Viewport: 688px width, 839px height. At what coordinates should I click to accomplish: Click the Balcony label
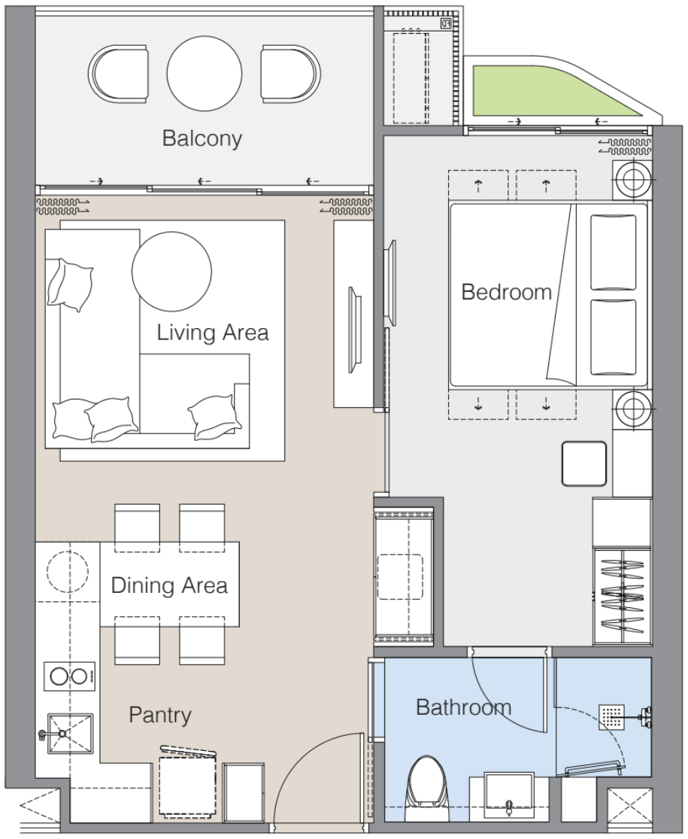(x=202, y=138)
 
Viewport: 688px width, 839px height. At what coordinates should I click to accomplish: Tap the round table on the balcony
(x=205, y=73)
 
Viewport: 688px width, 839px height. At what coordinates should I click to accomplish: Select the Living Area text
(x=212, y=333)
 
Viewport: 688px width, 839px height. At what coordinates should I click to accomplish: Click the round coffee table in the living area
(x=171, y=272)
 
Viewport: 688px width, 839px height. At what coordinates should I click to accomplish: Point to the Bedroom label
(x=506, y=292)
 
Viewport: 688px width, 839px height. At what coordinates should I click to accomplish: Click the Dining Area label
(x=169, y=585)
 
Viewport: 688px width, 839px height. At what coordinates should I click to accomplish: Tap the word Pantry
(x=160, y=716)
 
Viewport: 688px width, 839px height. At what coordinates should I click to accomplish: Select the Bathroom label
(x=463, y=707)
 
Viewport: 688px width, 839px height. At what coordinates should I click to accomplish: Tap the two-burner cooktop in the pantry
(x=69, y=676)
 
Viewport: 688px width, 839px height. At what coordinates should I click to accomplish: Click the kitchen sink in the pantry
(x=70, y=733)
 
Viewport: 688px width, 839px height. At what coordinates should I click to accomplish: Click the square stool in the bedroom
(x=583, y=464)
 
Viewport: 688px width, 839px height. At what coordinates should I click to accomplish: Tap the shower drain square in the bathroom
(x=611, y=717)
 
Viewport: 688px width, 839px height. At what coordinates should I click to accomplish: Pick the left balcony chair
(x=118, y=73)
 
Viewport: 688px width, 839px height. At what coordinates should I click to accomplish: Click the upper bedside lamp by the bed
(x=632, y=179)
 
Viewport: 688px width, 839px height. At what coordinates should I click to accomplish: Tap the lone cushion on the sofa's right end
(x=214, y=417)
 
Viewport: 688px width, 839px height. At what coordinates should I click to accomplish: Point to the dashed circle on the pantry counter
(x=68, y=572)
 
